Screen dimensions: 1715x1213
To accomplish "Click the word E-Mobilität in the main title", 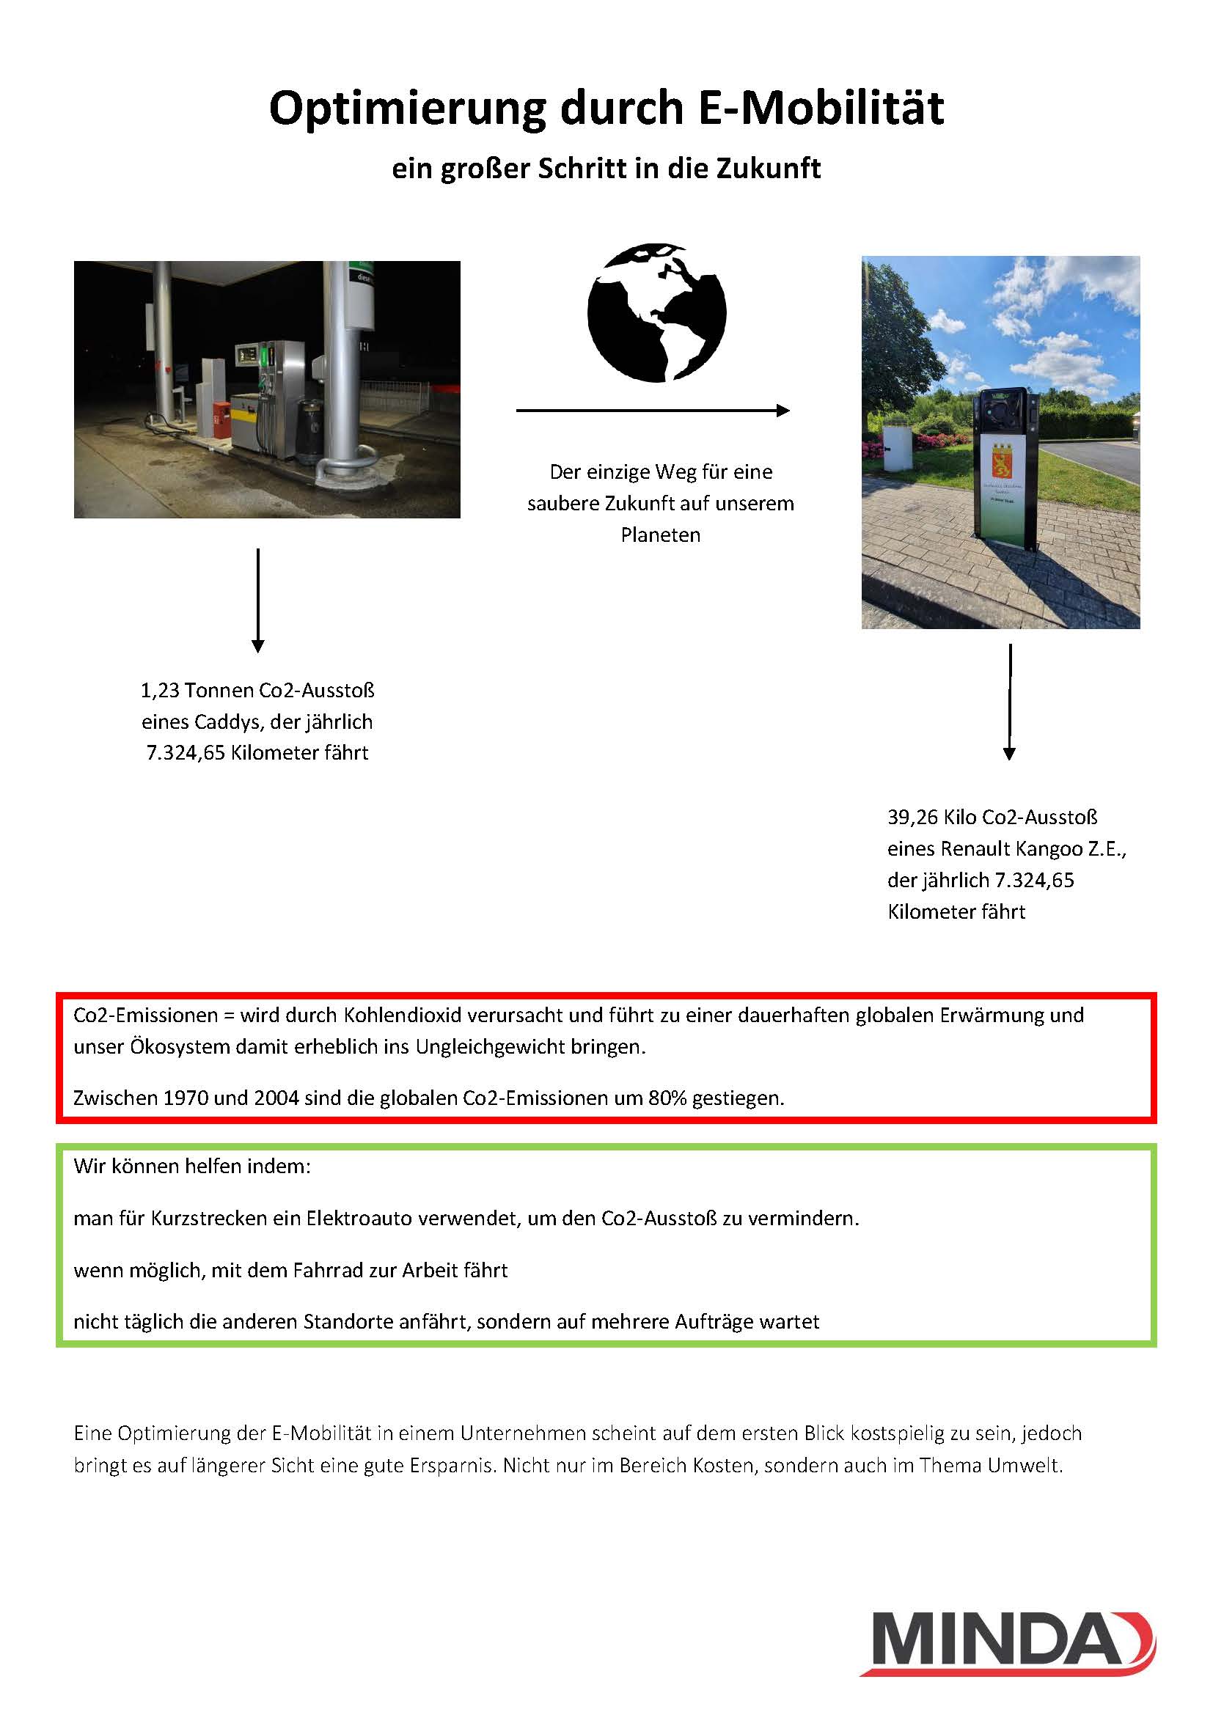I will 821,109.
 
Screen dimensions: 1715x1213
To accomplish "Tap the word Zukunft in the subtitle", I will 769,169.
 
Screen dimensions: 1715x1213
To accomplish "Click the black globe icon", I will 656,312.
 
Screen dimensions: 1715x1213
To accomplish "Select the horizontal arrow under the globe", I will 653,410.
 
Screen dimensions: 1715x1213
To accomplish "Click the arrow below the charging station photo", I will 1009,702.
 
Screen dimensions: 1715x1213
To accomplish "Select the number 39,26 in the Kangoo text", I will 912,817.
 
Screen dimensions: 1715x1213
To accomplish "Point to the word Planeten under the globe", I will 660,535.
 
